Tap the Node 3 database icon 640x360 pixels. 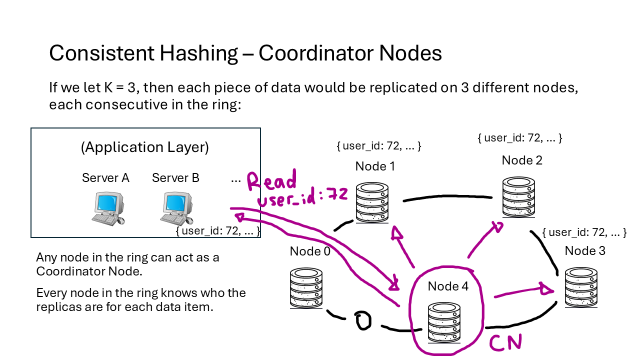click(x=581, y=287)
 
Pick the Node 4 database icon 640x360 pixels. click(x=444, y=322)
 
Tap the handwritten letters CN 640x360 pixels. click(x=505, y=343)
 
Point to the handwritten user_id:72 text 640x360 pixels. click(x=302, y=199)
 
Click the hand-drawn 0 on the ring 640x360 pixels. click(x=362, y=321)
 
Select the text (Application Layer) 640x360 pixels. click(x=144, y=147)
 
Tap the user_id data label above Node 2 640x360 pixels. click(x=520, y=137)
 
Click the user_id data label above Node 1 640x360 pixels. click(x=379, y=146)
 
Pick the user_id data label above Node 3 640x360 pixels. click(x=584, y=232)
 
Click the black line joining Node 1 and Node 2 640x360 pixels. click(x=447, y=198)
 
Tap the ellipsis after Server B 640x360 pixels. click(x=236, y=178)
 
